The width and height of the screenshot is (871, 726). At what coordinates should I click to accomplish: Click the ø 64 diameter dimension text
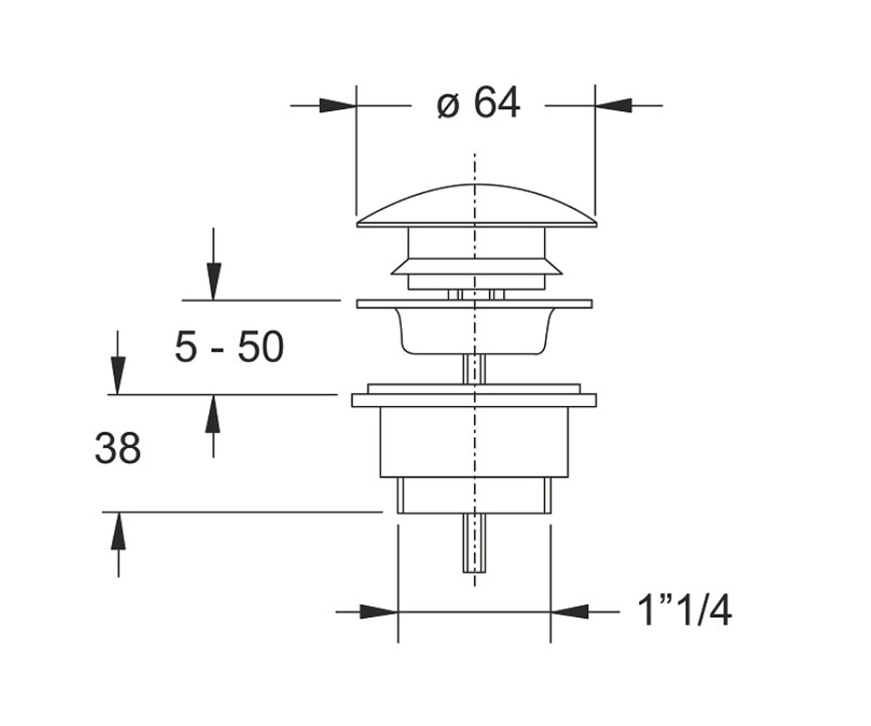pos(478,103)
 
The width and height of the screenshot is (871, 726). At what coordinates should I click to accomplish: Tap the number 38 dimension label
pos(118,448)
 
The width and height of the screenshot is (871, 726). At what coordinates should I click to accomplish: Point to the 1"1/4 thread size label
pos(684,612)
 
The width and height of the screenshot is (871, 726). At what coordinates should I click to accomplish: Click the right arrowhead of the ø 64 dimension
pos(613,105)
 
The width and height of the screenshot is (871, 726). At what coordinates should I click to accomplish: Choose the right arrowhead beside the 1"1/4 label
pos(569,612)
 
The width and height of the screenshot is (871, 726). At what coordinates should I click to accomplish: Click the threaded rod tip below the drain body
pos(474,543)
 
